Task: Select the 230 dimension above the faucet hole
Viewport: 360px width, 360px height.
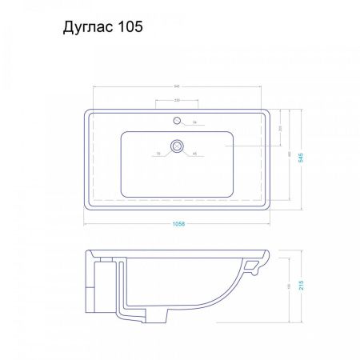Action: (178, 100)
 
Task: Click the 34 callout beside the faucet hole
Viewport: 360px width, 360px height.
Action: (194, 122)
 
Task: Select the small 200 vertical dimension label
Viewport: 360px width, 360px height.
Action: (279, 128)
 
